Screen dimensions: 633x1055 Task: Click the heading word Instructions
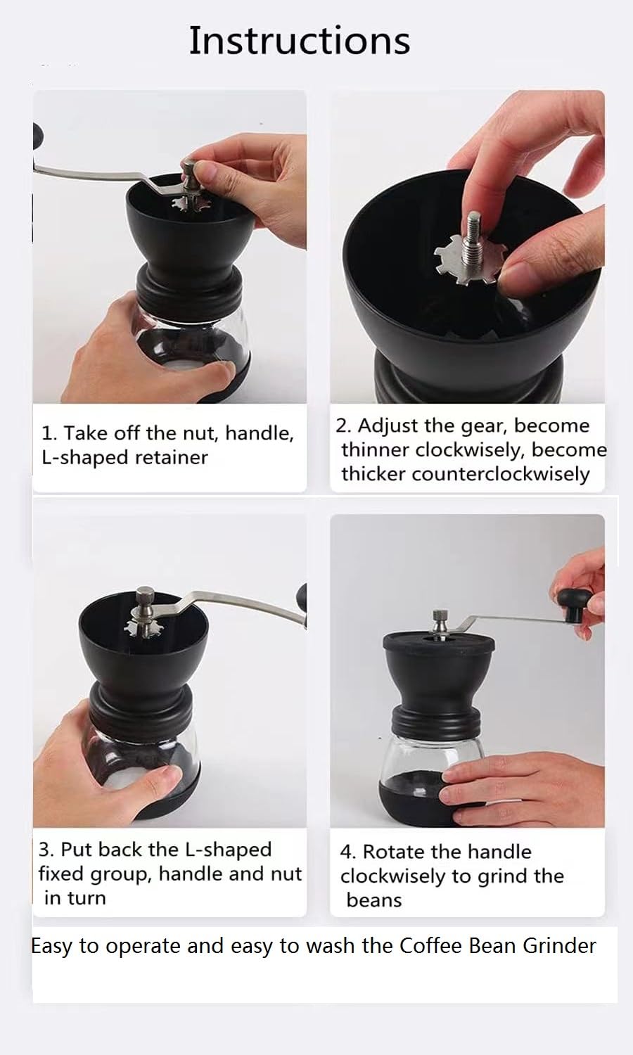pos(299,41)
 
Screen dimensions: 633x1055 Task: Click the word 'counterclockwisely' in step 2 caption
pos(501,474)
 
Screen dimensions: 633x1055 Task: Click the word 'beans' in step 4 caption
pos(374,900)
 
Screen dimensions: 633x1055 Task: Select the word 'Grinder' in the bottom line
pos(560,946)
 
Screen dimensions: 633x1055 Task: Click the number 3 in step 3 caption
pos(44,850)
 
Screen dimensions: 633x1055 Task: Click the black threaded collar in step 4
pos(437,721)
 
